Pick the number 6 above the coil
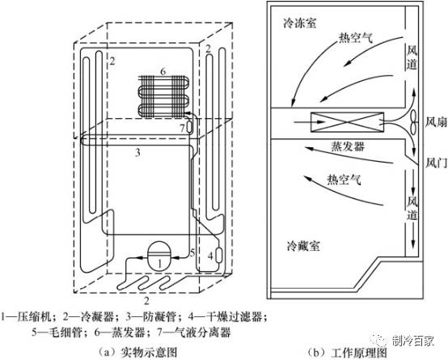[x=163, y=72]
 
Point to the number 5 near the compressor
[x=192, y=254]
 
